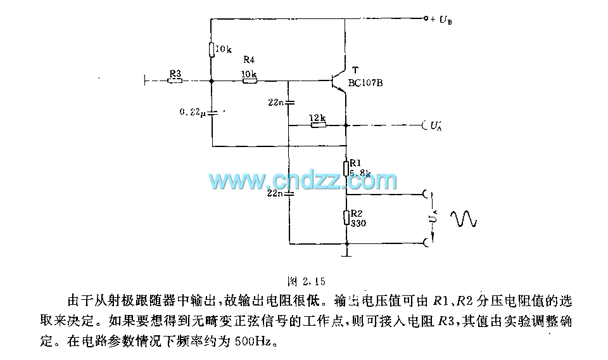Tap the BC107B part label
366,82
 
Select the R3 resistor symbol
175,81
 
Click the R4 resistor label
250,61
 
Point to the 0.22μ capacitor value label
193,112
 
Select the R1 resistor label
355,162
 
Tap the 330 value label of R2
358,223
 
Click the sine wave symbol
463,219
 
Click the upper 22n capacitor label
275,102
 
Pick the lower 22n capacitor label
275,192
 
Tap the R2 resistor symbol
346,218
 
